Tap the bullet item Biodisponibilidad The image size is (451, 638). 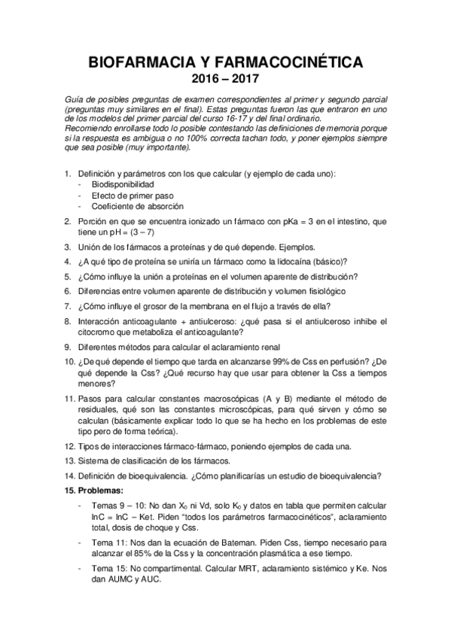pos(123,184)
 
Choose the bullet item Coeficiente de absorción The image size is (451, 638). pos(138,206)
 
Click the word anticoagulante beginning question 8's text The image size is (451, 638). pos(153,321)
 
